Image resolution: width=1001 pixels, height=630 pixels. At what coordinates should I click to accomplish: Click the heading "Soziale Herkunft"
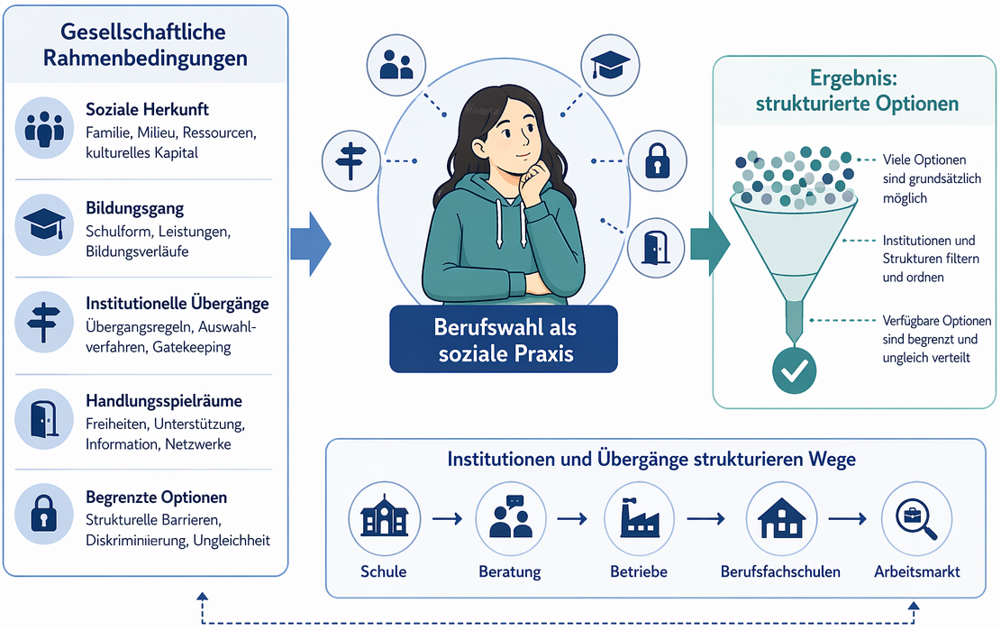pyautogui.click(x=147, y=110)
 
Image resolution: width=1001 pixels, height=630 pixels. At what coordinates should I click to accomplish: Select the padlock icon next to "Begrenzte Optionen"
pyautogui.click(x=43, y=515)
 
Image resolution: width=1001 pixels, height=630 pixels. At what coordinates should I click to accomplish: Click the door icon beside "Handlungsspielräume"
pyautogui.click(x=43, y=418)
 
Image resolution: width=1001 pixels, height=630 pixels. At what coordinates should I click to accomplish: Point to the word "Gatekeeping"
pyautogui.click(x=191, y=347)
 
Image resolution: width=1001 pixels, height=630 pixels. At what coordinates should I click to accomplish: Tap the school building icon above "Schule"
pyautogui.click(x=384, y=517)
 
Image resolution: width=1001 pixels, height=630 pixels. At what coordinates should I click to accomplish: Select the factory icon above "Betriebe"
pyautogui.click(x=639, y=517)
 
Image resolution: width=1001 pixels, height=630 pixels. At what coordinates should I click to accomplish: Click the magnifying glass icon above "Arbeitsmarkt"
pyautogui.click(x=917, y=517)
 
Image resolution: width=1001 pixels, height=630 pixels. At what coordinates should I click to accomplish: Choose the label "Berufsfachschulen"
pyautogui.click(x=780, y=571)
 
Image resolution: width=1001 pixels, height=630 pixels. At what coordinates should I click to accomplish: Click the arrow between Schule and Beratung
pyautogui.click(x=447, y=518)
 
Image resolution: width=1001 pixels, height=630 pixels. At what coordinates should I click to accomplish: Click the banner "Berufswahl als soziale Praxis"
pyautogui.click(x=505, y=339)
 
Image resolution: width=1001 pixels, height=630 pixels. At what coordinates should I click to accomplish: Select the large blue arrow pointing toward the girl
pyautogui.click(x=310, y=243)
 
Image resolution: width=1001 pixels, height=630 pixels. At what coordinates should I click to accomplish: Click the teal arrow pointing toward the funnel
pyautogui.click(x=710, y=243)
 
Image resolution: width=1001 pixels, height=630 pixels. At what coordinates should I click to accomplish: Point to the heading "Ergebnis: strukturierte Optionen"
pyautogui.click(x=856, y=91)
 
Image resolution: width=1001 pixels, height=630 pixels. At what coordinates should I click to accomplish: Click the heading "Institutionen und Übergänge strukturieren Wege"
pyautogui.click(x=651, y=459)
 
